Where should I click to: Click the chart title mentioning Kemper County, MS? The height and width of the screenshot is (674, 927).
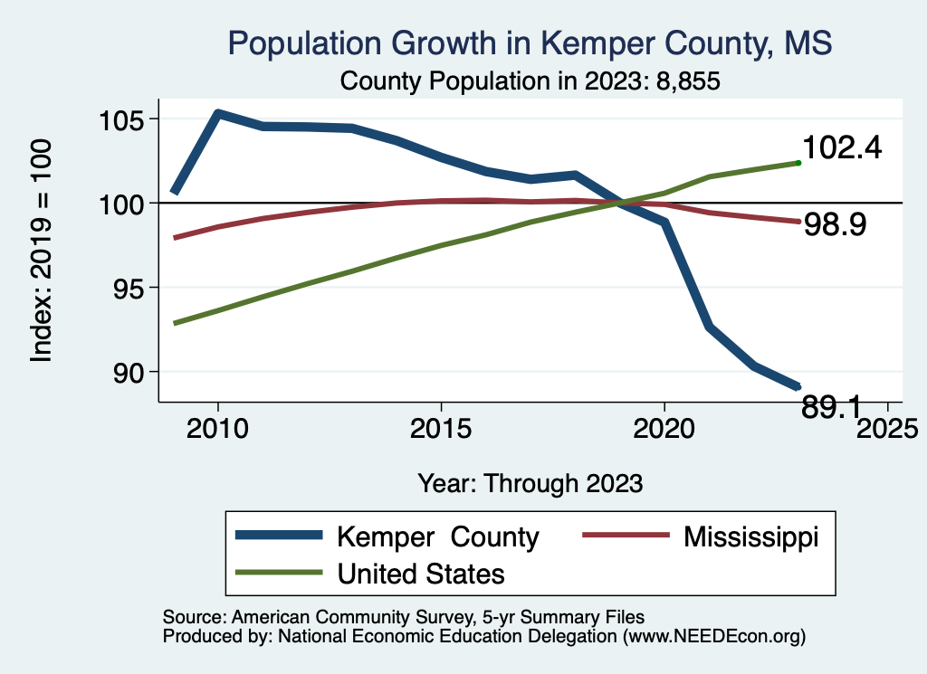(530, 43)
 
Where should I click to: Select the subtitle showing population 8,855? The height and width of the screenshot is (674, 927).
(530, 81)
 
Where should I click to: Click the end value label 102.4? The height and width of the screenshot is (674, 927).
(842, 148)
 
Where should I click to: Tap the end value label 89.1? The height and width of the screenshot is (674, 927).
(832, 408)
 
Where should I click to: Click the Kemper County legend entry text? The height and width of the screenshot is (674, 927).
(437, 536)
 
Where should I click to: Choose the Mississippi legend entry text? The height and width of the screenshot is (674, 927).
(750, 536)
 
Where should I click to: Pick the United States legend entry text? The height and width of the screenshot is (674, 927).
(421, 573)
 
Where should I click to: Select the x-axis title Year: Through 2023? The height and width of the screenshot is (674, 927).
(530, 482)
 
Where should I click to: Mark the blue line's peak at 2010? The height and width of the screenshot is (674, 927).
(217, 113)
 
